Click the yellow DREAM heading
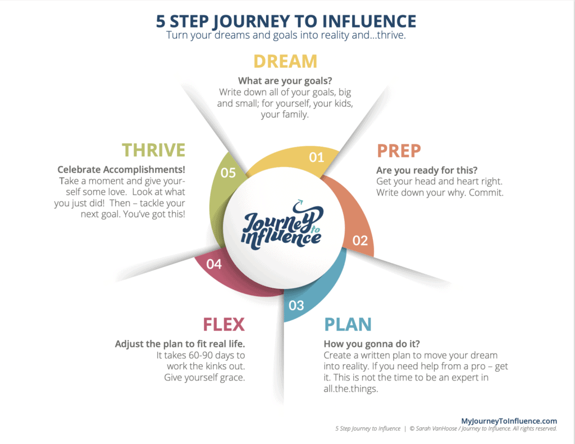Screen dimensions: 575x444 coord(285,61)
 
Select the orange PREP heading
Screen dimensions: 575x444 coord(399,151)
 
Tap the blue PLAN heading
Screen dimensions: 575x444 coord(348,324)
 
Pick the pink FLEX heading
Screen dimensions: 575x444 coord(223,324)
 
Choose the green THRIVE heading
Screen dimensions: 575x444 coord(154,150)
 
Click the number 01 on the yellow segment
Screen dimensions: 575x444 coord(317,157)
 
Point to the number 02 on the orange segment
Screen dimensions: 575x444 coord(360,241)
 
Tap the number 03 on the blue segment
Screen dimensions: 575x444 coord(296,305)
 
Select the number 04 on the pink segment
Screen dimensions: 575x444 coord(214,264)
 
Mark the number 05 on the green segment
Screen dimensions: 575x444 coord(228,173)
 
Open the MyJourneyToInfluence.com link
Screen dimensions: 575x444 coord(509,421)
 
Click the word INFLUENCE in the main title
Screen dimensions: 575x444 coord(369,21)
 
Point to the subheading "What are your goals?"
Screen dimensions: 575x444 coord(285,81)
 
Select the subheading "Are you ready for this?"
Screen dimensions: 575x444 coord(427,170)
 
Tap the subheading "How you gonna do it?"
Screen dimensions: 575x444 coord(372,344)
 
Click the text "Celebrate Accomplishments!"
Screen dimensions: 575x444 coord(121,170)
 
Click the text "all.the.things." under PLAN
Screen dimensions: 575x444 coord(350,388)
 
